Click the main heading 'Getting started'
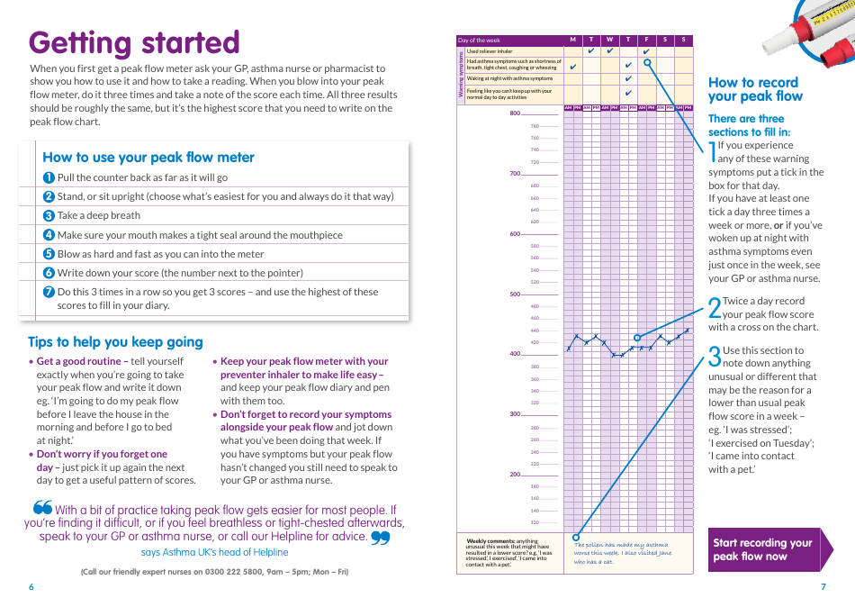click(135, 42)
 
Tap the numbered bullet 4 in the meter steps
click(49, 235)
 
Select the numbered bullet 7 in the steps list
click(49, 292)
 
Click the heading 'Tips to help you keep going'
click(115, 342)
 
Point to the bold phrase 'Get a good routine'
click(78, 361)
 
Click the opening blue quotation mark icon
click(42, 510)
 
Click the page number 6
click(31, 587)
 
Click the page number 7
click(823, 587)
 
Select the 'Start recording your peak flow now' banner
click(764, 549)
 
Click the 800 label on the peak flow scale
click(515, 113)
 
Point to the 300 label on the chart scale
click(515, 414)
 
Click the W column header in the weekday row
click(609, 40)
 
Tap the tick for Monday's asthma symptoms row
click(572, 65)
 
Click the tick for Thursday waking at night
click(628, 78)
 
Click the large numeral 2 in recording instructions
click(715, 308)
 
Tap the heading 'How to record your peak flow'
click(755, 89)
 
